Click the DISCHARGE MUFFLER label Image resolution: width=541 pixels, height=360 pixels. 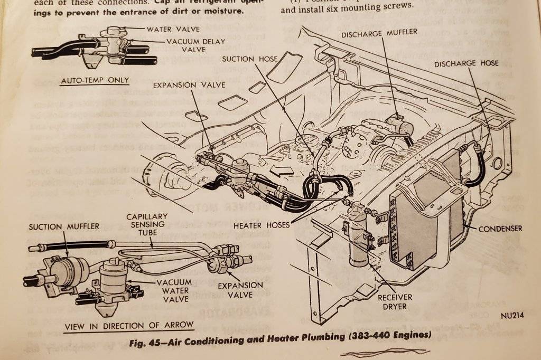tap(379, 33)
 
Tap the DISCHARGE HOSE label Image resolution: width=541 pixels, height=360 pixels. tap(466, 63)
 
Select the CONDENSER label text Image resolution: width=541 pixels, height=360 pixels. tap(500, 229)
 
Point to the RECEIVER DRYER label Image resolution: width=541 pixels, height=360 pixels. tap(394, 301)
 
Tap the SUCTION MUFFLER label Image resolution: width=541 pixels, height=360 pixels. tap(64, 226)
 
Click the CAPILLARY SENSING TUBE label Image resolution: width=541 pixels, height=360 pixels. tap(146, 225)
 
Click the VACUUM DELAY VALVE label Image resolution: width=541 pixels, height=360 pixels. tap(195, 45)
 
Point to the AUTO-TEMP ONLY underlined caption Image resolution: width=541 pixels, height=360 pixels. tap(95, 80)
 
